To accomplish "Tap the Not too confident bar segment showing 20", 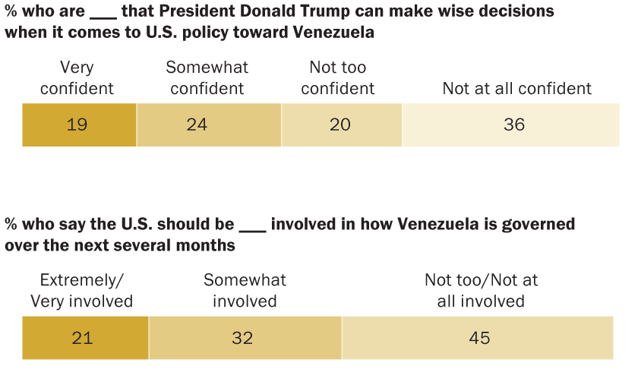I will point(342,124).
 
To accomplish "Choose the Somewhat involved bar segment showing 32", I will point(245,338).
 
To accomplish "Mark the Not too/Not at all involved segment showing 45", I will point(478,338).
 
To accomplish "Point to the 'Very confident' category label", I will point(77,77).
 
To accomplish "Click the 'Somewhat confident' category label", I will point(207,77).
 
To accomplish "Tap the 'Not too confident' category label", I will point(337,77).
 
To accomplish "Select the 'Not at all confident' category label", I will point(516,88).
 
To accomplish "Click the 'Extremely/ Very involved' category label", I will point(81,291).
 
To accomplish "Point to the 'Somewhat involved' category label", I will point(245,291).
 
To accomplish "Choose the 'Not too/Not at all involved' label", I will point(481,291).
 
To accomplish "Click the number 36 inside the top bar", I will point(514,124).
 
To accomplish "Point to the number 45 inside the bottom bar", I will point(479,338).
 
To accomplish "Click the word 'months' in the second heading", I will point(209,246).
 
